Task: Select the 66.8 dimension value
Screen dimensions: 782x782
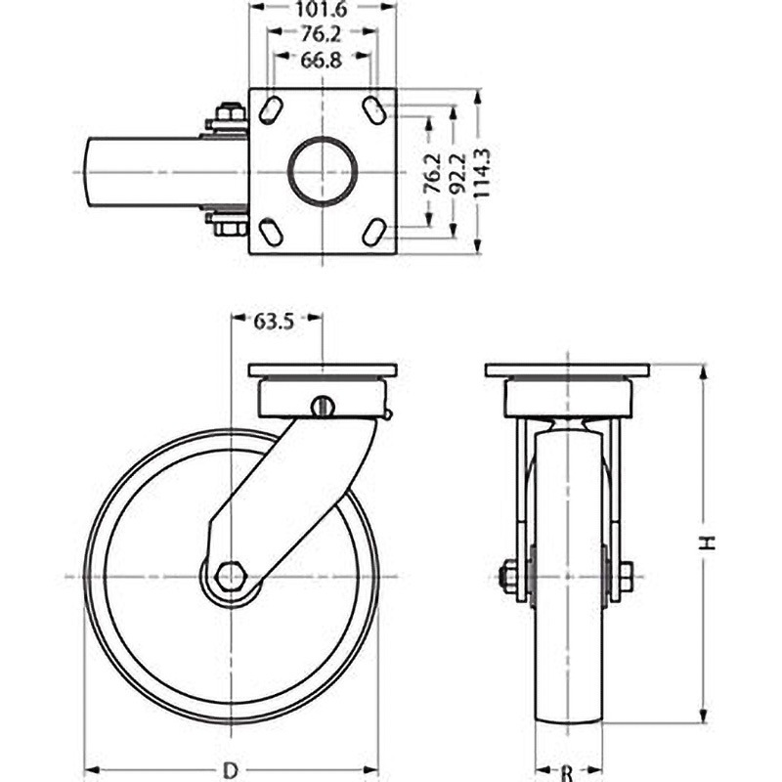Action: [323, 62]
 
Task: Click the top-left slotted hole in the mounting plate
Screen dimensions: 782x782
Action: [272, 111]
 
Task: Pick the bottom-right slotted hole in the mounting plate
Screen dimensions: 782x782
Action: [373, 233]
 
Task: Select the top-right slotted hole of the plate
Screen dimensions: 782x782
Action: [373, 110]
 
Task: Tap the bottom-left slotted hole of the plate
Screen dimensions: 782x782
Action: [272, 233]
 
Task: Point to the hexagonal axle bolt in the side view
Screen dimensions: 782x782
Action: [231, 577]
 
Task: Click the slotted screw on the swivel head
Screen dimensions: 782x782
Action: [323, 406]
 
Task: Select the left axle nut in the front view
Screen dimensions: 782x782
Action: [509, 577]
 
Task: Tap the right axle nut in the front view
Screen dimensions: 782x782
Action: [624, 577]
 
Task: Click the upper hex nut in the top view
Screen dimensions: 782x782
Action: [229, 115]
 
